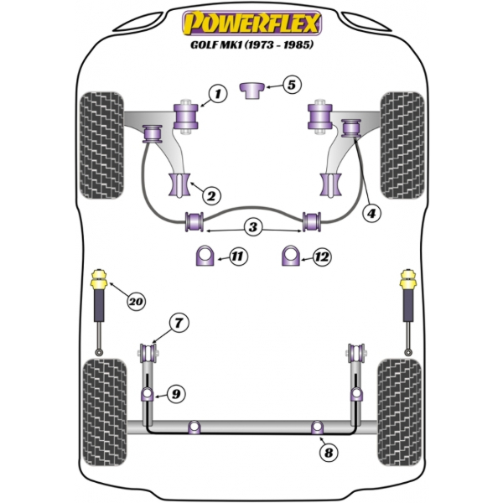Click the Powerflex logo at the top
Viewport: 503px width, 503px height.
click(251, 23)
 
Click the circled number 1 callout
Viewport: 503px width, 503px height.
click(218, 94)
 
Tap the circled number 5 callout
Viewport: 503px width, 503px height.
click(291, 85)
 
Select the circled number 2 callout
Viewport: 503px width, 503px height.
click(211, 195)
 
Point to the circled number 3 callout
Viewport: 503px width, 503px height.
click(253, 227)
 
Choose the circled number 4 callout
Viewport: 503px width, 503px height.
click(371, 213)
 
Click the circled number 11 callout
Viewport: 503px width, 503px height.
click(238, 257)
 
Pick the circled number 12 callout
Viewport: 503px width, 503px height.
click(322, 257)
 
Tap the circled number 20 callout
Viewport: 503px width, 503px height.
click(136, 302)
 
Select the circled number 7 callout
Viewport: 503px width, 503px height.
click(179, 323)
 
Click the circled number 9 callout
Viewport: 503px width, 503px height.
click(176, 394)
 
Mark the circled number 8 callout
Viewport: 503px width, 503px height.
click(329, 453)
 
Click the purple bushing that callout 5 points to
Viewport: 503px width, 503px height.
click(252, 91)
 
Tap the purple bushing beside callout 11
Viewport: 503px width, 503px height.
click(205, 256)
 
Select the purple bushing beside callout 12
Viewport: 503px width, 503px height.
click(291, 256)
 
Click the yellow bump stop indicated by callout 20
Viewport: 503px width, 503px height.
click(99, 279)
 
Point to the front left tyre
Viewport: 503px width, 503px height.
click(101, 145)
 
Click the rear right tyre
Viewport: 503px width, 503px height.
click(399, 412)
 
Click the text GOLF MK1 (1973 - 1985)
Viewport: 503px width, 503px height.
click(251, 44)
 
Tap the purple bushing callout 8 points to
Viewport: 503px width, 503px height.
click(317, 427)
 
